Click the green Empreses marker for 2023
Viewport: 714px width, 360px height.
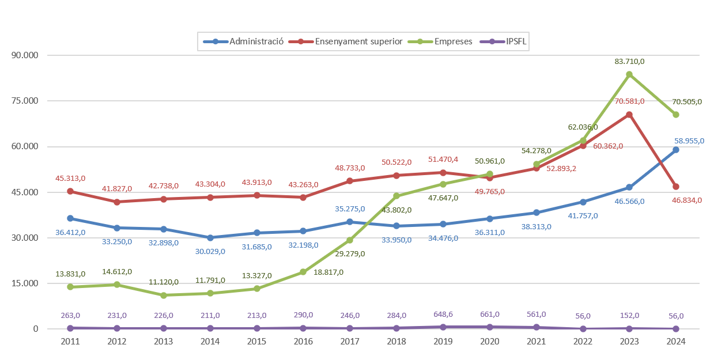pyautogui.click(x=629, y=74)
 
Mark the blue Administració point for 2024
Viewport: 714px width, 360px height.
pyautogui.click(x=676, y=150)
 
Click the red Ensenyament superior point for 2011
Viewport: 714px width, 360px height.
pyautogui.click(x=70, y=191)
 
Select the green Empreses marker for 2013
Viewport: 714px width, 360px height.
pyautogui.click(x=163, y=295)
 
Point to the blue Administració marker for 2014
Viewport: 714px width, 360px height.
pyautogui.click(x=210, y=238)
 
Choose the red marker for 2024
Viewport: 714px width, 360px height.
pyautogui.click(x=676, y=187)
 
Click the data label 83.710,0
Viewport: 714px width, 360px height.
pyautogui.click(x=629, y=61)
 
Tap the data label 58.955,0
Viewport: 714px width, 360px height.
pyautogui.click(x=689, y=140)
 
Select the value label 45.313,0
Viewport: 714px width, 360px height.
pyautogui.click(x=70, y=178)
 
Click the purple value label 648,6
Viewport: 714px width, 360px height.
pyautogui.click(x=443, y=315)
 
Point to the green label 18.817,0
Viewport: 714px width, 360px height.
pyautogui.click(x=328, y=272)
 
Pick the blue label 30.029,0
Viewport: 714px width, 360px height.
pyautogui.click(x=210, y=251)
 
